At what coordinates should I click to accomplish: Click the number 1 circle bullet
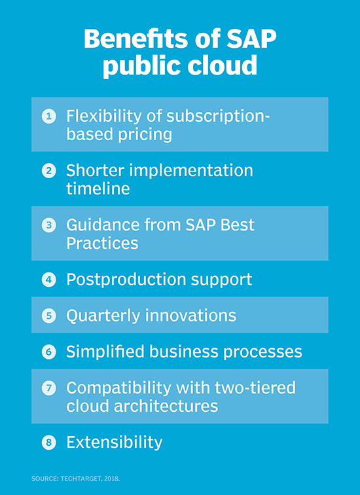(x=48, y=117)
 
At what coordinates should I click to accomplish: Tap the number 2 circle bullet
(x=48, y=171)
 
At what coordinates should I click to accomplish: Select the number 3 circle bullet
(x=48, y=225)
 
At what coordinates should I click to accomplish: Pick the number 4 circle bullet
(x=48, y=280)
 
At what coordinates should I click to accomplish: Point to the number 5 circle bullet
(x=48, y=316)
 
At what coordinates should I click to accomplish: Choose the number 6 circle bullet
(x=48, y=352)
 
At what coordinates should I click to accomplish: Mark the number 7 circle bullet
(x=48, y=388)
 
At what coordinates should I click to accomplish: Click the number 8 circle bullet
(x=48, y=442)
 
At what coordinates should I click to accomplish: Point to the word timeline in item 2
(x=98, y=189)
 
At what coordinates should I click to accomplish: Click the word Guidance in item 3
(x=102, y=225)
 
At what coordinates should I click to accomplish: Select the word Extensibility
(x=114, y=442)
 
